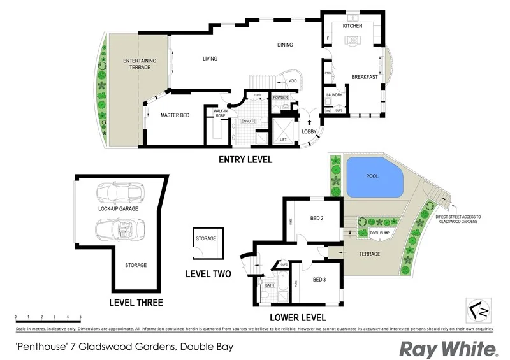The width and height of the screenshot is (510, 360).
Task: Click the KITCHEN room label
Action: point(353,26)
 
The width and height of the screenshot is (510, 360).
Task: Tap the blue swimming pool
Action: point(375,176)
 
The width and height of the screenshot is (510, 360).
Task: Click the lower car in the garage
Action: point(117,227)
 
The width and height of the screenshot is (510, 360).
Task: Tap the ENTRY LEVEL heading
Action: point(245,159)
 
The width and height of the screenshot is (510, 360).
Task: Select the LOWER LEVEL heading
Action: point(298,317)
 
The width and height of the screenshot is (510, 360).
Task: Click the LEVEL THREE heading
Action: point(136,303)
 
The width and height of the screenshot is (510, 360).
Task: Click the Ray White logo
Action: point(448,349)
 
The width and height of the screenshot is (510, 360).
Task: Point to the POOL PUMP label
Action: point(381,233)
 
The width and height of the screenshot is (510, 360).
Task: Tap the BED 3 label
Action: point(320,279)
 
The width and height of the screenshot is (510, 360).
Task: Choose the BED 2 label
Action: point(317,219)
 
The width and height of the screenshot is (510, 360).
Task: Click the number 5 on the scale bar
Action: point(80,317)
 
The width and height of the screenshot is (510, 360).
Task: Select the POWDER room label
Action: point(280,97)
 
